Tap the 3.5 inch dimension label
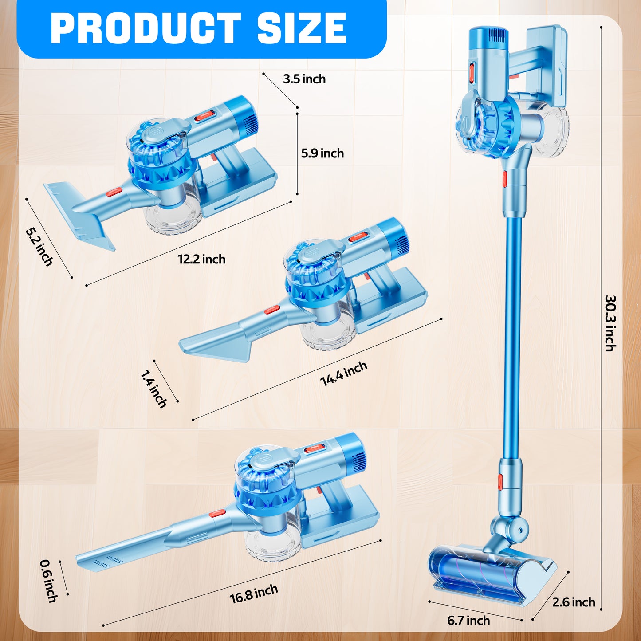coord(304,79)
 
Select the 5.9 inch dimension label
coord(322,153)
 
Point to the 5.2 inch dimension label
coord(39,247)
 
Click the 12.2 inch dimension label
coord(201,259)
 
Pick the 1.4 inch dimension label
coord(153,389)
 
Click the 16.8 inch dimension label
coord(254,594)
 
